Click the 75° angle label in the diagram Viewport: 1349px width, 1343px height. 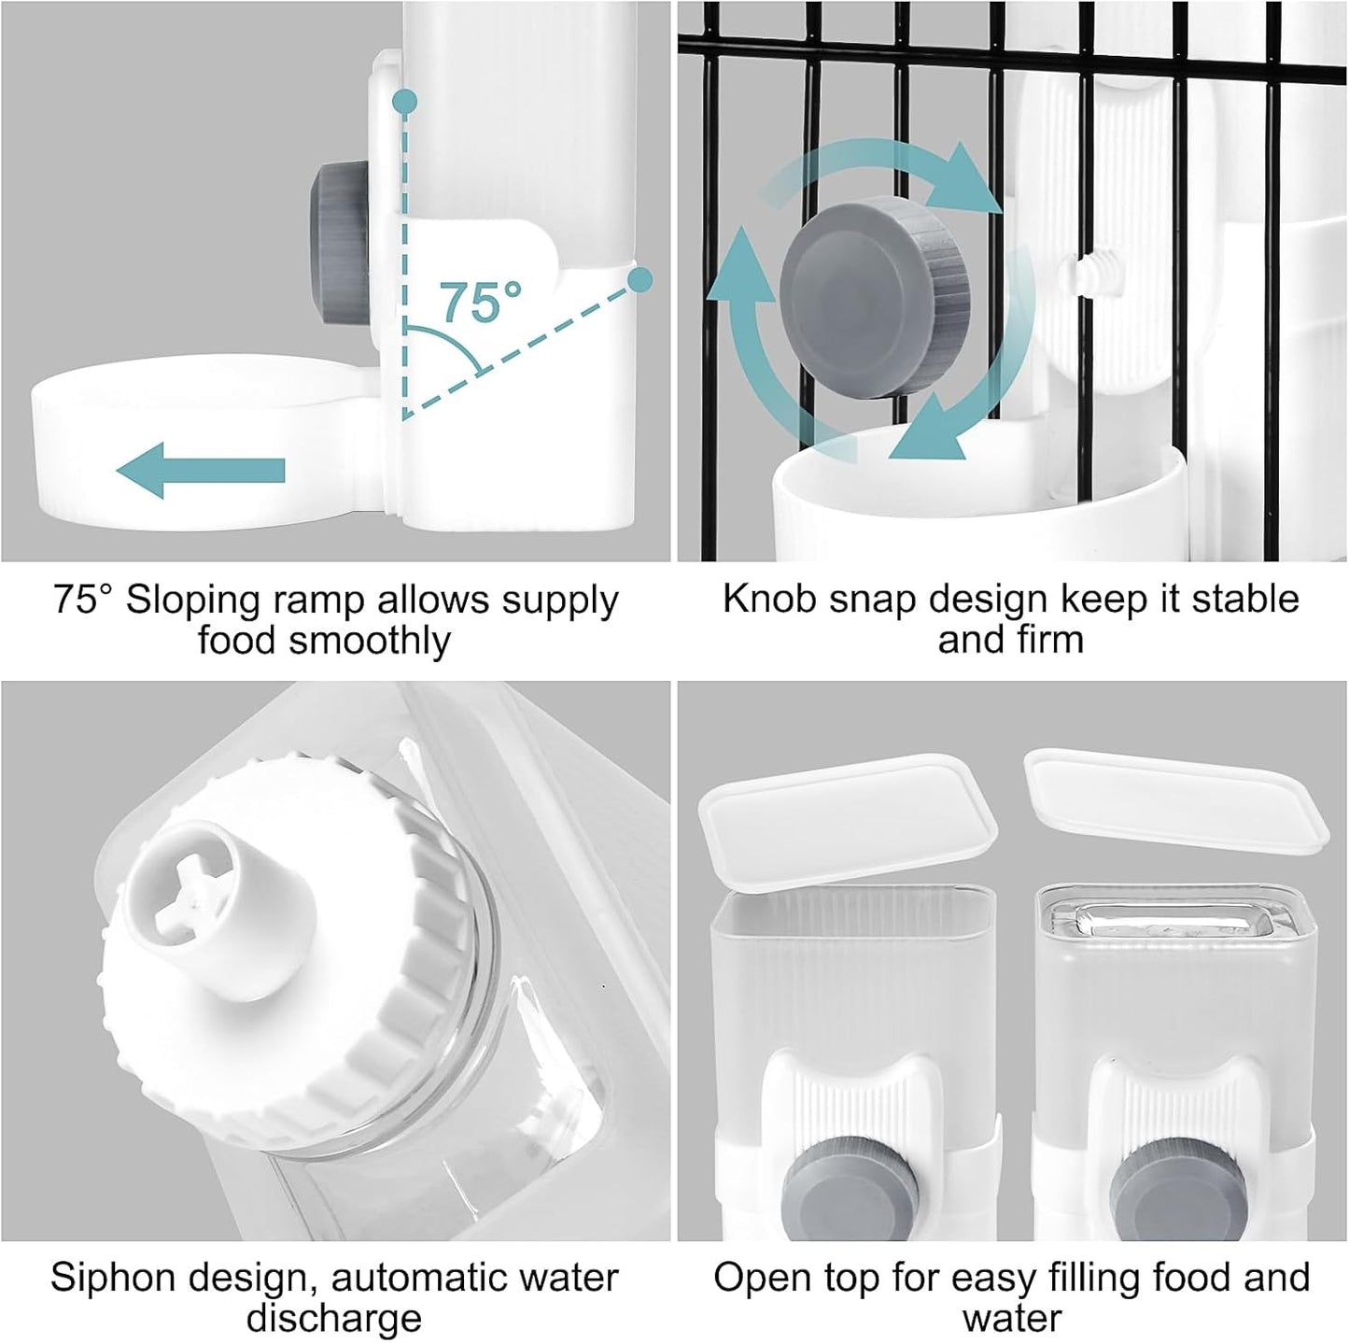[480, 301]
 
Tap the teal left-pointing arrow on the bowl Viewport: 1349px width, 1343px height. [201, 470]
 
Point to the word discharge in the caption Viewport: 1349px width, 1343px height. [333, 1319]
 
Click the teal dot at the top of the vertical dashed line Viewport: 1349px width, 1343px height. [403, 101]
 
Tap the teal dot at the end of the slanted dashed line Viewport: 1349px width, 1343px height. [639, 278]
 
